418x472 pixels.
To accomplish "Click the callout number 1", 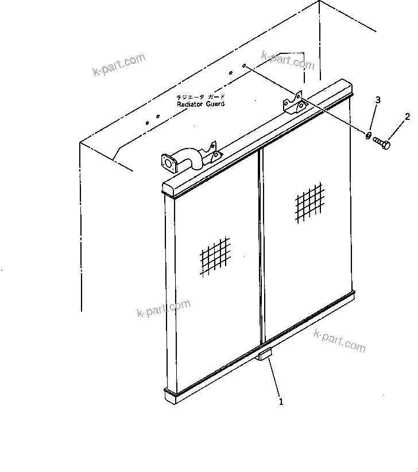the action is (281, 402).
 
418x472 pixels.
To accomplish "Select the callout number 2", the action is (407, 117).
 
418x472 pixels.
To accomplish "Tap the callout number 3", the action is (378, 100).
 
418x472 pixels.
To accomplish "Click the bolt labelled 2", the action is (382, 142).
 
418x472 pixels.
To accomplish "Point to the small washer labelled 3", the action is (367, 135).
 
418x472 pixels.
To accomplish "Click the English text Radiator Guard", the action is (200, 104).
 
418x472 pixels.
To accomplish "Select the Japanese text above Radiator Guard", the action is (201, 97).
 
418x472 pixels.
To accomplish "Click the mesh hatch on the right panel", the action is (309, 202).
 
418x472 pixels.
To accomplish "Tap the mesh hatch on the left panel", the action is (215, 256).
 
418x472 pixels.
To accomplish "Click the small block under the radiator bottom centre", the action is (265, 356).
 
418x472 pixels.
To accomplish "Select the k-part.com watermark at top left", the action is (118, 65).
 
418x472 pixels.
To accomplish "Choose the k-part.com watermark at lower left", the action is (164, 308).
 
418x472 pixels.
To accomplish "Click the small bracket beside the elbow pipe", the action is (214, 153).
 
